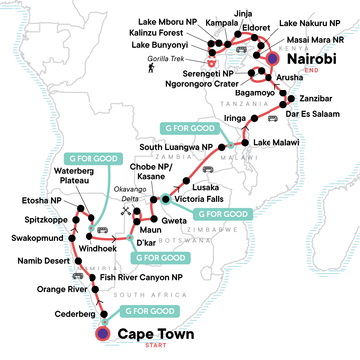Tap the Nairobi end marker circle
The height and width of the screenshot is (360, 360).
pyautogui.click(x=274, y=58)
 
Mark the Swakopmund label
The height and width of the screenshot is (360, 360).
pyautogui.click(x=36, y=240)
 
